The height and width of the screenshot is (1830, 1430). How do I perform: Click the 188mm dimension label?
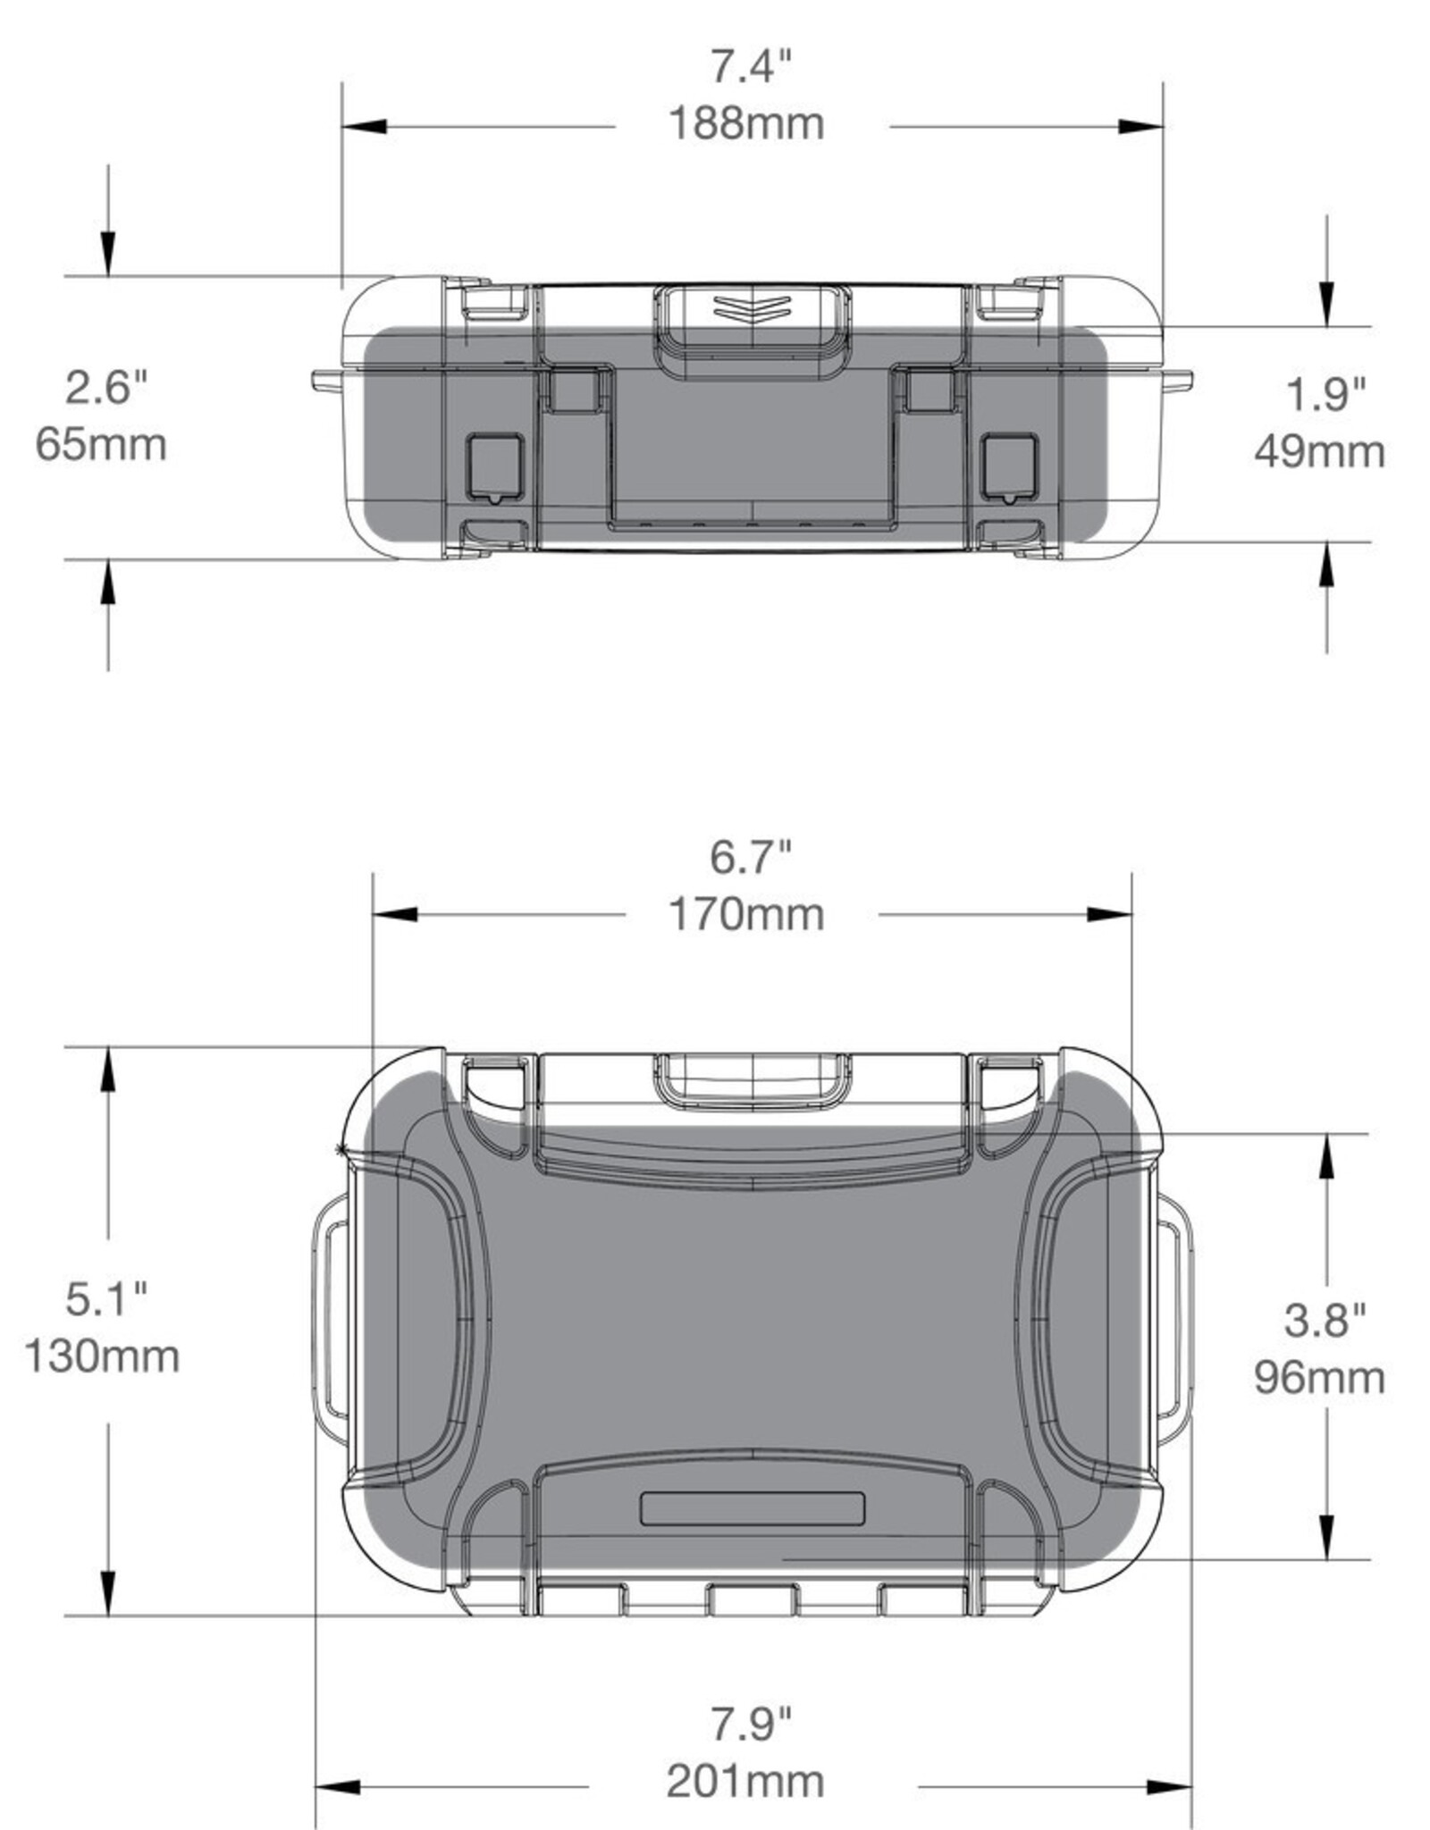click(x=746, y=123)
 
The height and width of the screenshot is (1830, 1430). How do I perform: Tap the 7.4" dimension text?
click(x=751, y=66)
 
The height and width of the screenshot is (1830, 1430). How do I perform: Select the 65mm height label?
click(x=101, y=444)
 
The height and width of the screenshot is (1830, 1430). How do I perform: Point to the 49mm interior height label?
click(x=1319, y=451)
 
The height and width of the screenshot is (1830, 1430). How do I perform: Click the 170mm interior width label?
click(x=746, y=915)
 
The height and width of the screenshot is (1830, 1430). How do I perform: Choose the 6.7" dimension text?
click(x=751, y=857)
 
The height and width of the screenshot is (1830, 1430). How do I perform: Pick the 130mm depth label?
click(x=101, y=1356)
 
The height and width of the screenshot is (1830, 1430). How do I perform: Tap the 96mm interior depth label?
click(x=1319, y=1377)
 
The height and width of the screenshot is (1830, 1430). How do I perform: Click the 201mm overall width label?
click(x=745, y=1781)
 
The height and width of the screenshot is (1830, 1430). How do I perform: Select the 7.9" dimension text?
click(x=751, y=1724)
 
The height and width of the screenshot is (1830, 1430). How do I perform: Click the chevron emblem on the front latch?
click(x=752, y=307)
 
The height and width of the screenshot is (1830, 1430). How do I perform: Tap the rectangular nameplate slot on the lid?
click(x=753, y=1508)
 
